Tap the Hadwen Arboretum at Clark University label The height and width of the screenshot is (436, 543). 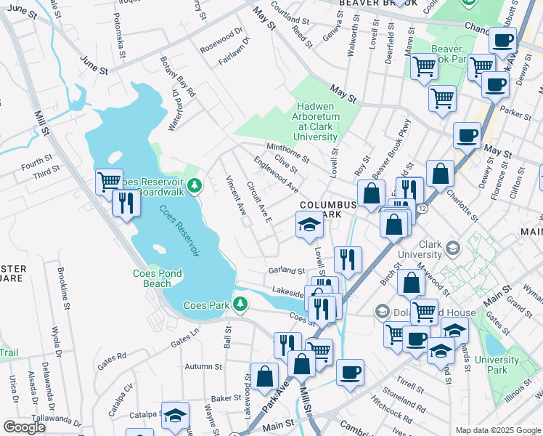pos(316,121)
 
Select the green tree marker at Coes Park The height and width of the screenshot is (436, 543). pos(242,305)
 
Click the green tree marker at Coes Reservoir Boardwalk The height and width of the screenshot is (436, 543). pos(194,187)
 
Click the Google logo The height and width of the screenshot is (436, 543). pos(25,427)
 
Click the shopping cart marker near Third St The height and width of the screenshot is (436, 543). pos(109,180)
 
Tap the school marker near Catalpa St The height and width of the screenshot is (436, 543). pos(175,415)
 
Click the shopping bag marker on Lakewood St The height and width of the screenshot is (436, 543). pos(265,376)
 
